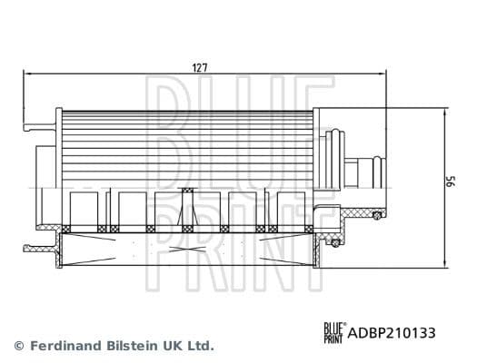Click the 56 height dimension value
(x=448, y=182)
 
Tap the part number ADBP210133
(x=393, y=333)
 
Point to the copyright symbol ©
(x=19, y=346)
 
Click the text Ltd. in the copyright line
(x=200, y=346)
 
